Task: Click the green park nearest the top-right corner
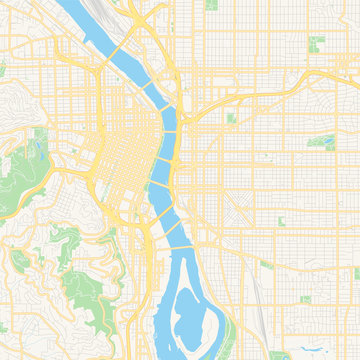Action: (x=317, y=43)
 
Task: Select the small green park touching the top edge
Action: (x=211, y=5)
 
